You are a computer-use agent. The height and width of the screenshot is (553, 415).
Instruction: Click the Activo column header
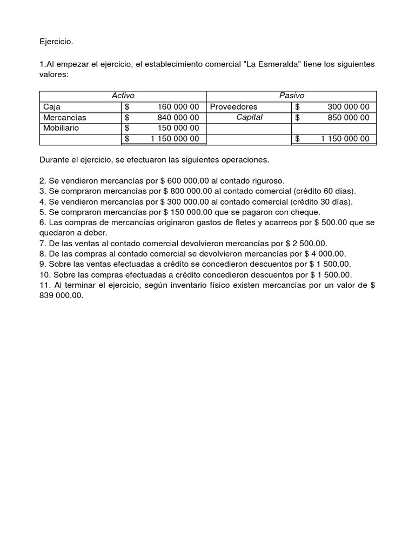point(123,96)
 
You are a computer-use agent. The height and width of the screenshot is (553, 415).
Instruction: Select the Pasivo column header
point(291,96)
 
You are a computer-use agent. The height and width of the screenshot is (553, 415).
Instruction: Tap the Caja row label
point(52,106)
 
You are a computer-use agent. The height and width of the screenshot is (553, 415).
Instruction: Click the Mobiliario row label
point(61,128)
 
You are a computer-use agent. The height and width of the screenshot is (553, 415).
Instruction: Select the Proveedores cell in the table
point(233,106)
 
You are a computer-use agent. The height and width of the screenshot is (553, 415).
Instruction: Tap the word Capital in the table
point(249,117)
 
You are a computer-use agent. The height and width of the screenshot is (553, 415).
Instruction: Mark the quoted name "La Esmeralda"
point(270,64)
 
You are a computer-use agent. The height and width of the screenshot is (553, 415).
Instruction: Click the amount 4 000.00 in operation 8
point(328,253)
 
